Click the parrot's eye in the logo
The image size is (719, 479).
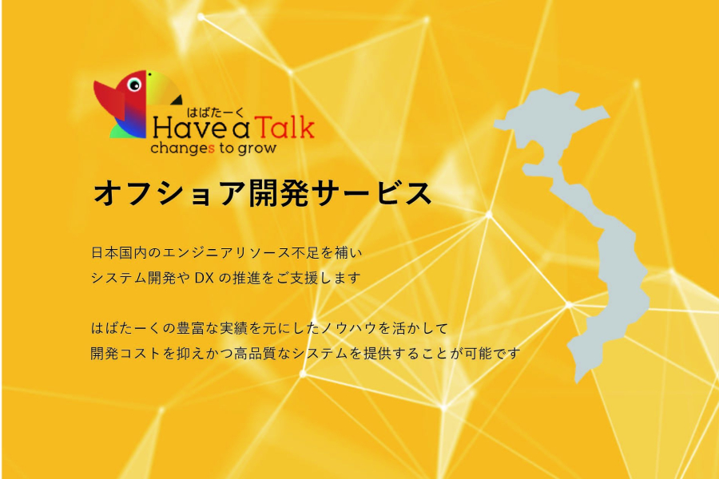134,85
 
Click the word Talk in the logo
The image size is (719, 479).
284,127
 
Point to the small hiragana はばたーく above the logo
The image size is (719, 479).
215,112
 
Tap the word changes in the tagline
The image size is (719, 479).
182,148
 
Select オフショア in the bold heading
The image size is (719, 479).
169,193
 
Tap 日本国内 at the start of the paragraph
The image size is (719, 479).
119,253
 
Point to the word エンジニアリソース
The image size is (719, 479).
227,253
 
